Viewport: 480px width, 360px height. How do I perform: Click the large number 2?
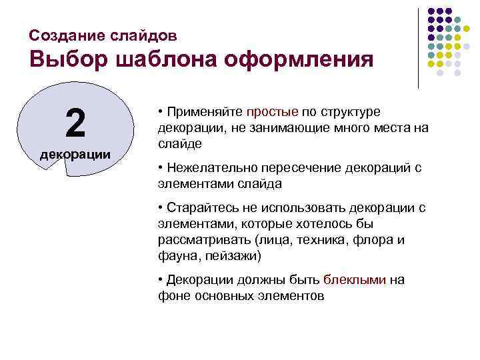click(75, 122)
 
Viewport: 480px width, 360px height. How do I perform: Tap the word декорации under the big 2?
click(75, 155)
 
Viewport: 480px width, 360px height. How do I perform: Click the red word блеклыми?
click(354, 279)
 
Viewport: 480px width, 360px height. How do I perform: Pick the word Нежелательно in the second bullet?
click(207, 167)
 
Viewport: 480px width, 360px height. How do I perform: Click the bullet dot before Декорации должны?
click(161, 279)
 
